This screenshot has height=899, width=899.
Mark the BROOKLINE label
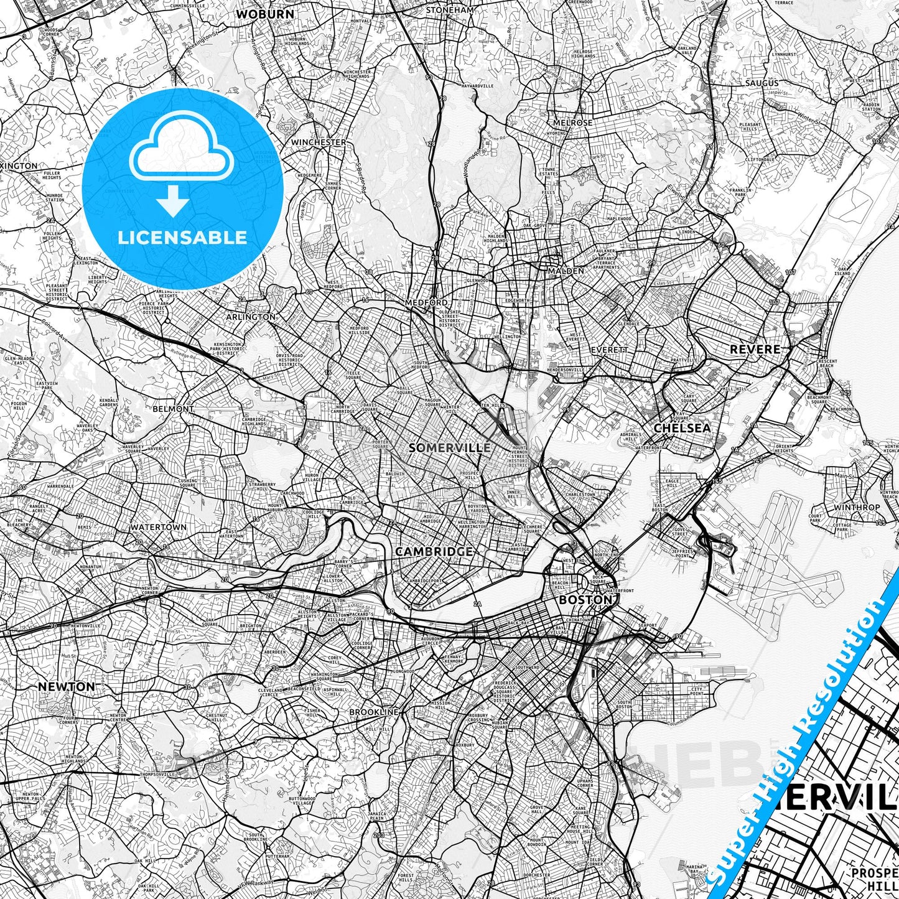point(373,712)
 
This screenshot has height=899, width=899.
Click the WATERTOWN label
point(158,527)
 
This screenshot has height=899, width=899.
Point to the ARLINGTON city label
point(250,317)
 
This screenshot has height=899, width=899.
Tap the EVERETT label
point(609,350)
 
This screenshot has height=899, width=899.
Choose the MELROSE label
point(572,123)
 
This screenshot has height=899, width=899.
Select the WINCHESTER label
point(319,142)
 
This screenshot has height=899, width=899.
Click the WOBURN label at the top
point(256,13)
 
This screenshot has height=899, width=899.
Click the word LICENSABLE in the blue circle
point(183,237)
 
